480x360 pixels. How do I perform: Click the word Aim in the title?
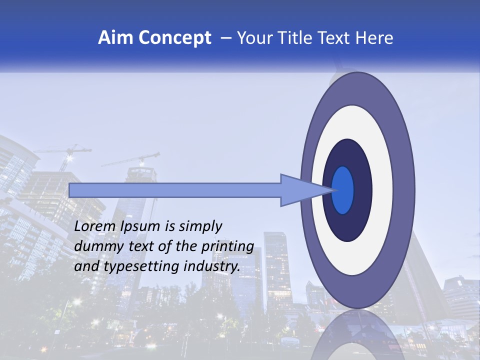[x=115, y=38]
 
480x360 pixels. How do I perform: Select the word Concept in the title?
[x=174, y=38]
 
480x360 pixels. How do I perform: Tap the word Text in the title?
[x=334, y=38]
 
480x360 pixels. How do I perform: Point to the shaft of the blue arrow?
[x=175, y=190]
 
